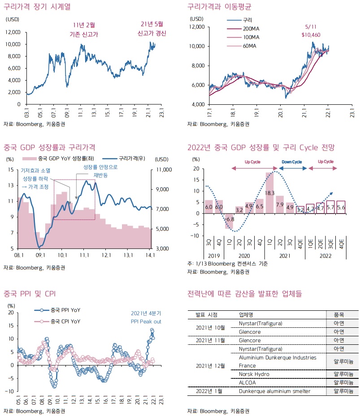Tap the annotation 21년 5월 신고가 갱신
click(151, 29)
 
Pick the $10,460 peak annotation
click(310, 30)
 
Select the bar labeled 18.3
click(269, 193)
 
